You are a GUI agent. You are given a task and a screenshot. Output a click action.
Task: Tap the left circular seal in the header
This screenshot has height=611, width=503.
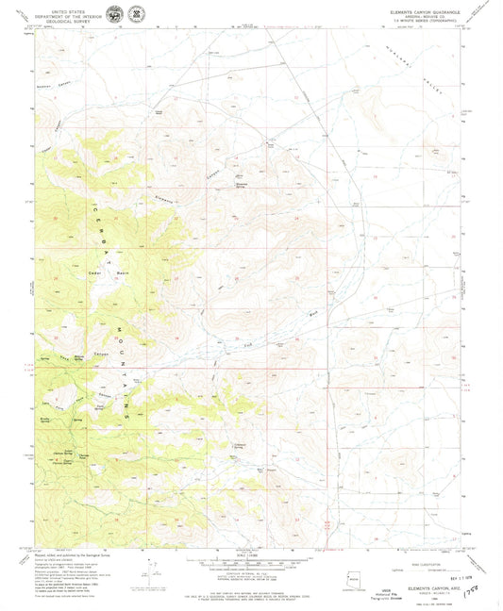click(x=114, y=14)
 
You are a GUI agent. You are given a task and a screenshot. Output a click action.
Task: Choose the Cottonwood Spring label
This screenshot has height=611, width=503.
click(x=244, y=446)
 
